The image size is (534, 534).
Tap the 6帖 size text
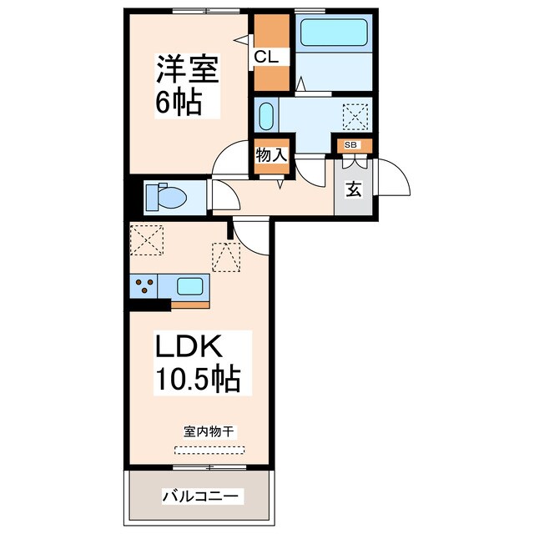coord(178,103)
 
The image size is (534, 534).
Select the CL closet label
coord(271,57)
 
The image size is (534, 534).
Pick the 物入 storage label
coord(270,155)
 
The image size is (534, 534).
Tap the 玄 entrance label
coord(354,189)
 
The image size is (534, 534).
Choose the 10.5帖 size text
coord(196,380)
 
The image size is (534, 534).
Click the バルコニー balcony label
coord(201,496)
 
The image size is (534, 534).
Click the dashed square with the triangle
coord(225,256)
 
